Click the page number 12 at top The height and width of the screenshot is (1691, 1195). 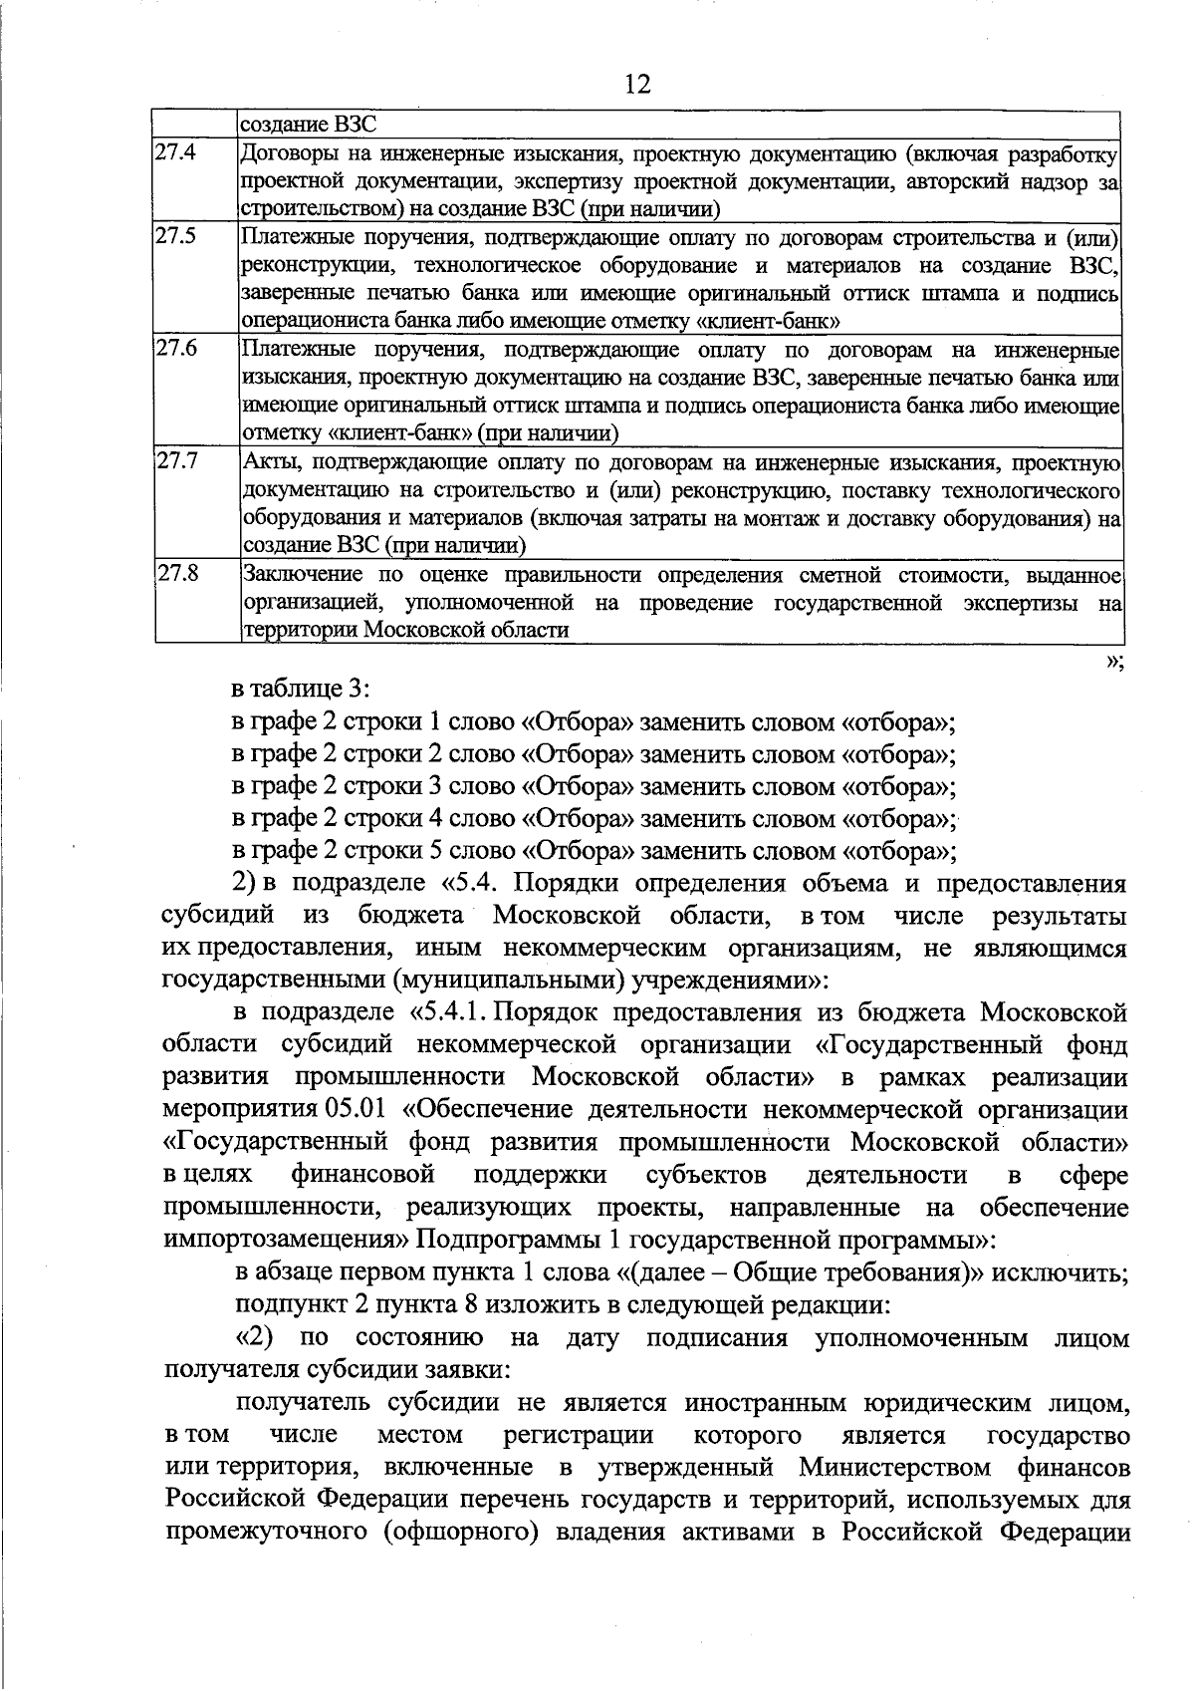637,85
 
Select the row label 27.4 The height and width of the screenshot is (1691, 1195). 176,153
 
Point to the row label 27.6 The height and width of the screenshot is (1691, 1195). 176,349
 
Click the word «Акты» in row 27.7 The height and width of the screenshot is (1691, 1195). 268,462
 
